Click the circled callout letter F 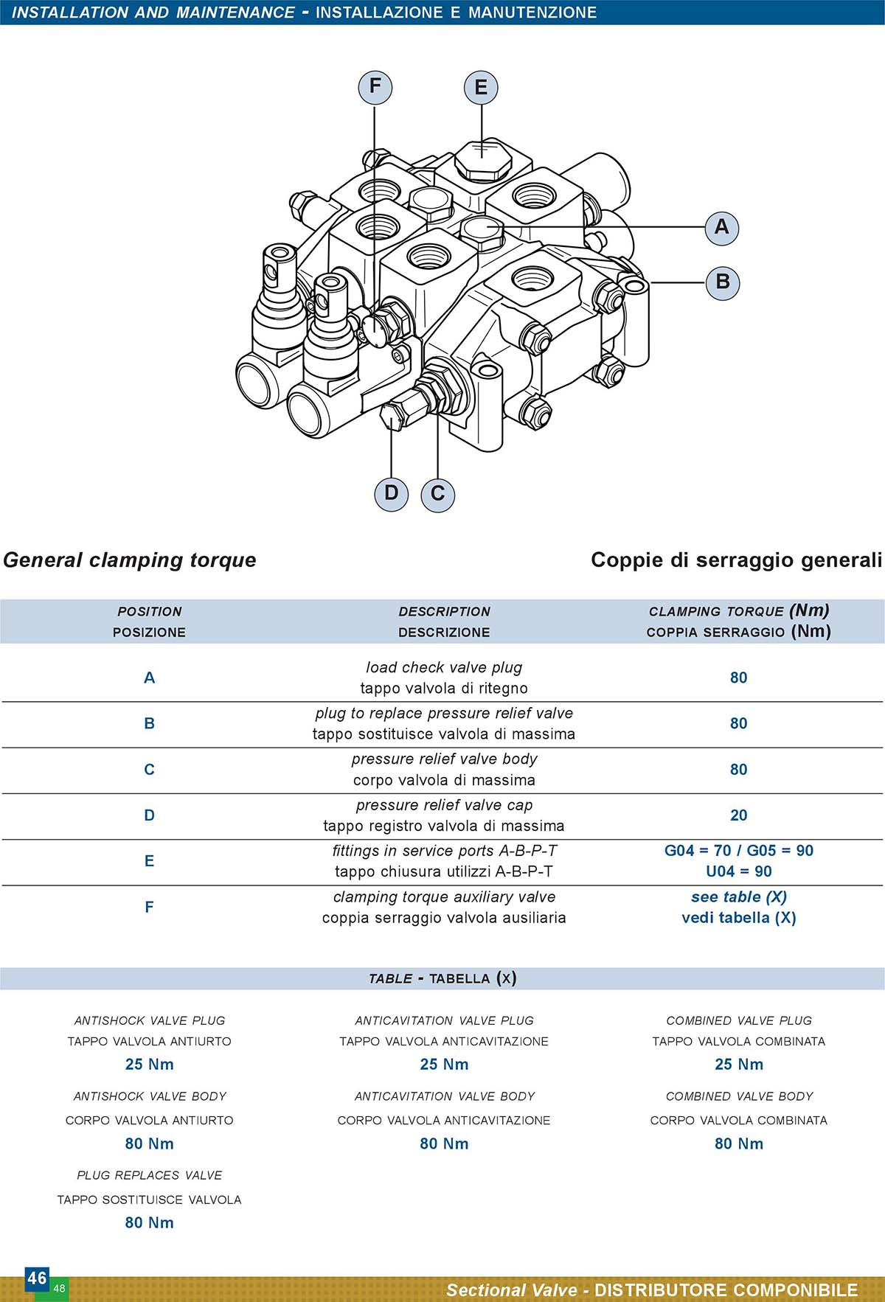(x=375, y=86)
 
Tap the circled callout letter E (x=481, y=87)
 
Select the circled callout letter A (x=721, y=226)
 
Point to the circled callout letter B (x=722, y=282)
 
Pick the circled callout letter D (x=391, y=492)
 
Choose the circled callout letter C (x=437, y=493)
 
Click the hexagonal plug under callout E (x=482, y=159)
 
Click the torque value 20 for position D (x=738, y=815)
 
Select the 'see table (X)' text (x=739, y=897)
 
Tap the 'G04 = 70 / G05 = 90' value (x=739, y=851)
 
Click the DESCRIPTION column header (x=444, y=612)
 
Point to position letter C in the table (x=149, y=770)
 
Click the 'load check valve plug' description (x=444, y=667)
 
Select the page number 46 (x=37, y=1278)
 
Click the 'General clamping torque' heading (x=130, y=560)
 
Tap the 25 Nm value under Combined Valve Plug (x=739, y=1065)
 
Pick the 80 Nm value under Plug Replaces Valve (x=149, y=1222)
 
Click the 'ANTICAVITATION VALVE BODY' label (x=444, y=1096)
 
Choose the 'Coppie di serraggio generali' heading (x=736, y=560)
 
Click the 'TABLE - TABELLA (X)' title (x=442, y=978)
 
